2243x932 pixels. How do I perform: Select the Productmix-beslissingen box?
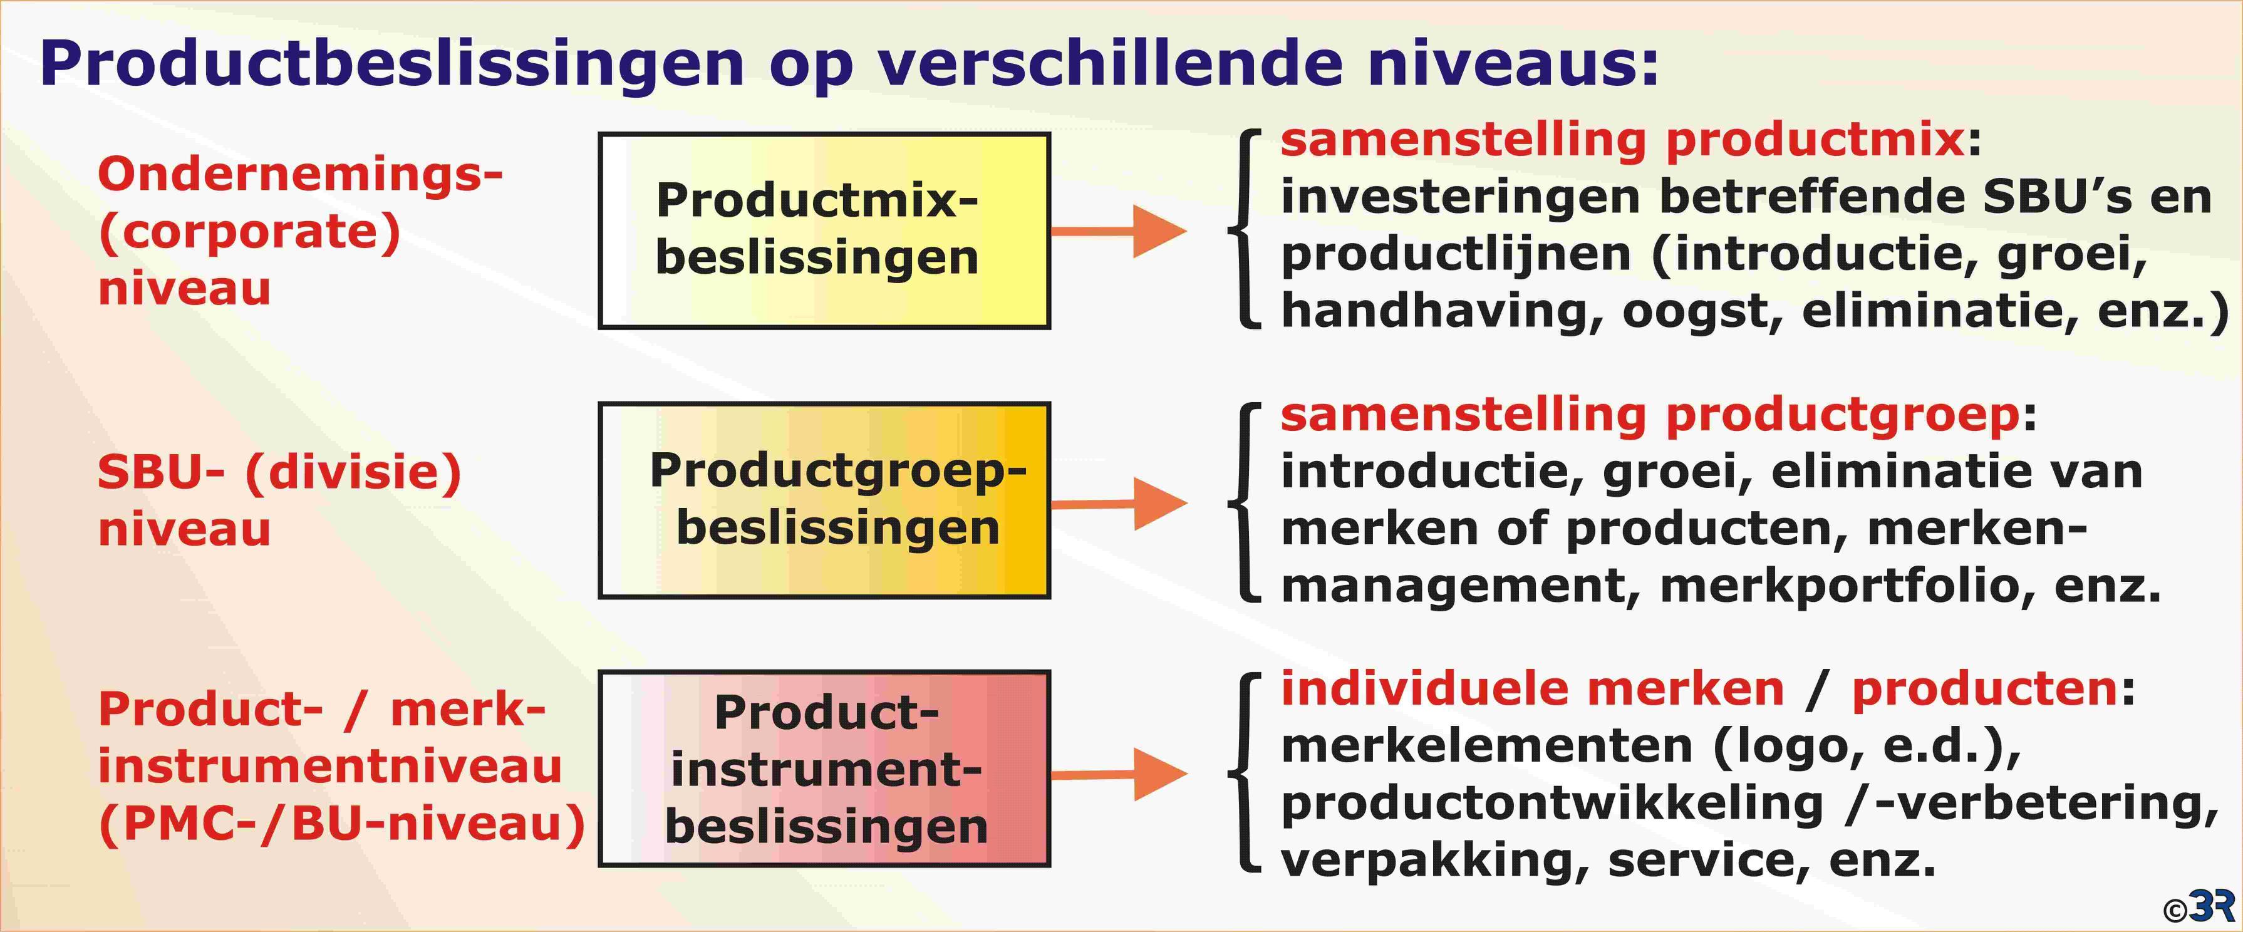(824, 231)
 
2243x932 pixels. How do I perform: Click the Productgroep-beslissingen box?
(824, 500)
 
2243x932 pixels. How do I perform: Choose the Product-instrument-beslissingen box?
(824, 769)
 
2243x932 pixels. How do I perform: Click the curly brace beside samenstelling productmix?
(1243, 229)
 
